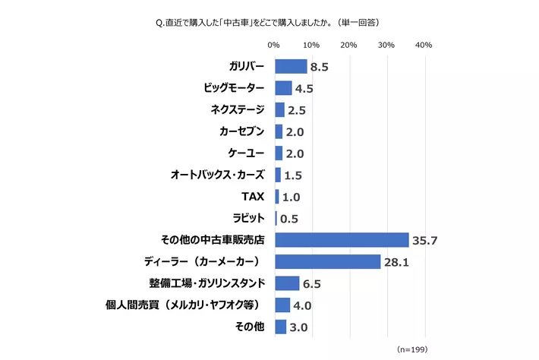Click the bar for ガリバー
point(291,66)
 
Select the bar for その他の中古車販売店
point(342,240)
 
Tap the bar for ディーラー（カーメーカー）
point(327,262)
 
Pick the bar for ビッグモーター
point(283,88)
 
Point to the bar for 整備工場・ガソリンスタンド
point(287,283)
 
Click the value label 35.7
point(425,241)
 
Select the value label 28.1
point(396,263)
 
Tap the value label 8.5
point(319,67)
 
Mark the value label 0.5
point(288,219)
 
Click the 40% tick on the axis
point(424,46)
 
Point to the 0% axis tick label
point(274,46)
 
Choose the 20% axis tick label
point(348,46)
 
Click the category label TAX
point(252,197)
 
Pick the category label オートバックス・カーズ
point(217,175)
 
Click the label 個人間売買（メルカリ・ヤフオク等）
point(184,305)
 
